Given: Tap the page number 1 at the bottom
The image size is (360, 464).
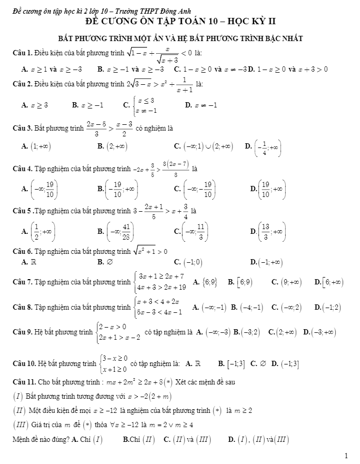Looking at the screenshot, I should pyautogui.click(x=346, y=455).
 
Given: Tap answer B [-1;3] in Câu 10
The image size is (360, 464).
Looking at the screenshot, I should pyautogui.click(x=232, y=363).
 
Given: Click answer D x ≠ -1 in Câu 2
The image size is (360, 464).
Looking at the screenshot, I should pyautogui.click(x=202, y=105).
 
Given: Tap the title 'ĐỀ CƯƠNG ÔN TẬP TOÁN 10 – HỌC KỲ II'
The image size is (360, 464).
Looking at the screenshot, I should pyautogui.click(x=180, y=22).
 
